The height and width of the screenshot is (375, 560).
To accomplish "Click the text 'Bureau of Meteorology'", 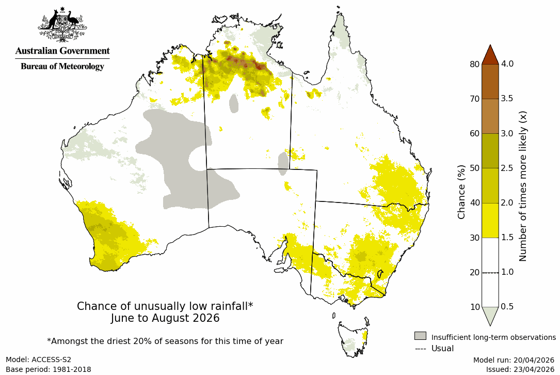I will click(x=62, y=67).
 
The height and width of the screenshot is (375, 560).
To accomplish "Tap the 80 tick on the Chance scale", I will click(x=474, y=64).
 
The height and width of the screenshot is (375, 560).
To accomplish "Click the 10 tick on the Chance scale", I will click(x=474, y=307).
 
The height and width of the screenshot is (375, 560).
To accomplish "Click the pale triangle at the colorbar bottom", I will click(x=490, y=315).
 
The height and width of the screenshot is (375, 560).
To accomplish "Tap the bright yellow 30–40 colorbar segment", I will click(x=490, y=220).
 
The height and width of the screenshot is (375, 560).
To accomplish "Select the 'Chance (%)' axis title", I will click(x=461, y=192).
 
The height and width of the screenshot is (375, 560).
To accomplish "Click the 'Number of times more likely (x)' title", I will click(x=523, y=186).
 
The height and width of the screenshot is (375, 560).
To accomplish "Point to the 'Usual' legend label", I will click(x=442, y=349).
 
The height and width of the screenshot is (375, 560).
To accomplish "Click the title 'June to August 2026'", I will click(x=165, y=318).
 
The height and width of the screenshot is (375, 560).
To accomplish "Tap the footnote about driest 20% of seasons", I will click(x=165, y=341).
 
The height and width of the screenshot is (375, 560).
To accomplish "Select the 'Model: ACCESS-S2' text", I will click(x=39, y=360).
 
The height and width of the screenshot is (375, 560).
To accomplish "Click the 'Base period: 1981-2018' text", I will click(x=49, y=369).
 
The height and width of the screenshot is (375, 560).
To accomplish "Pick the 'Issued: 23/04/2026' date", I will click(x=520, y=369).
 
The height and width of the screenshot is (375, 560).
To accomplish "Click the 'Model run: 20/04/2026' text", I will click(x=514, y=360).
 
